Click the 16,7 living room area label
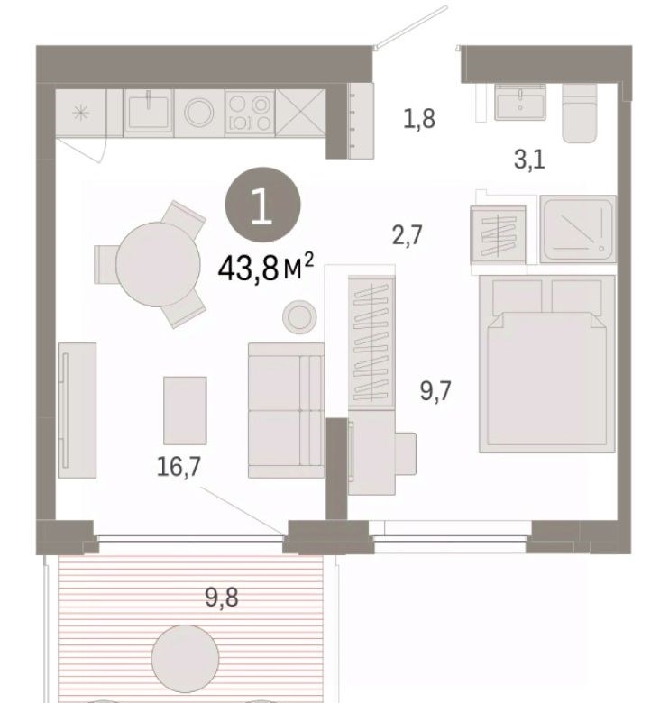point(179,466)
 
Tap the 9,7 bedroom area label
point(435,390)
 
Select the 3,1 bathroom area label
point(529,160)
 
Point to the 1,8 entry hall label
point(418,119)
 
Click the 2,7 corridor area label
point(408,234)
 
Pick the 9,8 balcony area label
point(222,597)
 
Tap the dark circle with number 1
point(262,205)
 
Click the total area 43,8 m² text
point(265,268)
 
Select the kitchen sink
point(148,112)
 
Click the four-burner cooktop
point(250,113)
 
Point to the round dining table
point(158,264)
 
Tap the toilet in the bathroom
point(580,114)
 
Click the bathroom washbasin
point(520,102)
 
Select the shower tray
point(578,229)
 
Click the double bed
point(547,364)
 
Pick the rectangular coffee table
point(185,410)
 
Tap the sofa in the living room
point(286,410)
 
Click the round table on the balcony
point(185,658)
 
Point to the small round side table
point(299,317)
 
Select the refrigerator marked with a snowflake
point(81,113)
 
